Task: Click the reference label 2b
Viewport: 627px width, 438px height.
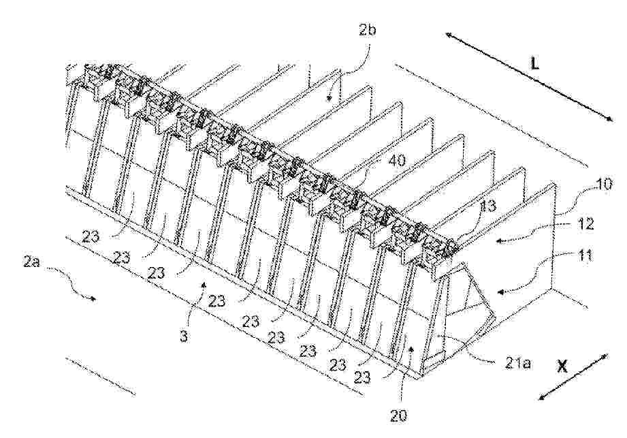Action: [368, 31]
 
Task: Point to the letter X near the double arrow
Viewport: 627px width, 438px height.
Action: [562, 366]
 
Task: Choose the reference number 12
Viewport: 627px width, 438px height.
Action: [584, 223]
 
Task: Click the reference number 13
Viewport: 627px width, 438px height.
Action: [487, 206]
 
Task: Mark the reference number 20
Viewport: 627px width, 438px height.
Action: [399, 416]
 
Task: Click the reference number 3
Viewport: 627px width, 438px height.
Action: [184, 336]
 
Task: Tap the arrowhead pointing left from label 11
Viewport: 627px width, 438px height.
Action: [500, 292]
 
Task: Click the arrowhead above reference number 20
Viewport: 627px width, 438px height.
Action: [411, 349]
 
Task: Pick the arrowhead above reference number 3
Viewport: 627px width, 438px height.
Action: [204, 283]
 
